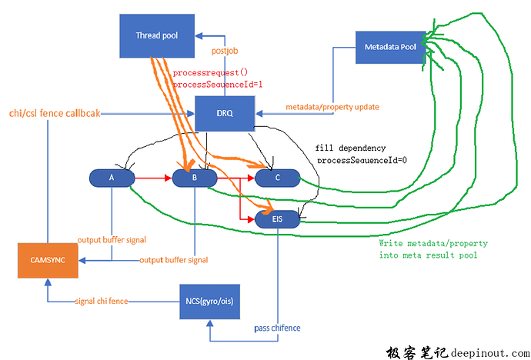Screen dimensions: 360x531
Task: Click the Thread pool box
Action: (x=158, y=35)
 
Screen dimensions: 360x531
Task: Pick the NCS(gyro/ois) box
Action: (x=210, y=300)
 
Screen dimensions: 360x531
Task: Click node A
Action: (x=112, y=178)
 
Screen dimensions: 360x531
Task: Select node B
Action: (x=195, y=178)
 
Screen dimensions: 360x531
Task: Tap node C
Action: (x=278, y=178)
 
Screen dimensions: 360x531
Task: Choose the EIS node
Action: (x=278, y=220)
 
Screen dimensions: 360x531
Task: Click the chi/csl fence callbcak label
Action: (x=52, y=113)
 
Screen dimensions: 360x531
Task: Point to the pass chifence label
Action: (x=277, y=328)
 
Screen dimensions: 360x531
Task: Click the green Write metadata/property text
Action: (x=432, y=243)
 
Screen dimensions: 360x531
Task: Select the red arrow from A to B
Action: (x=154, y=178)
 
